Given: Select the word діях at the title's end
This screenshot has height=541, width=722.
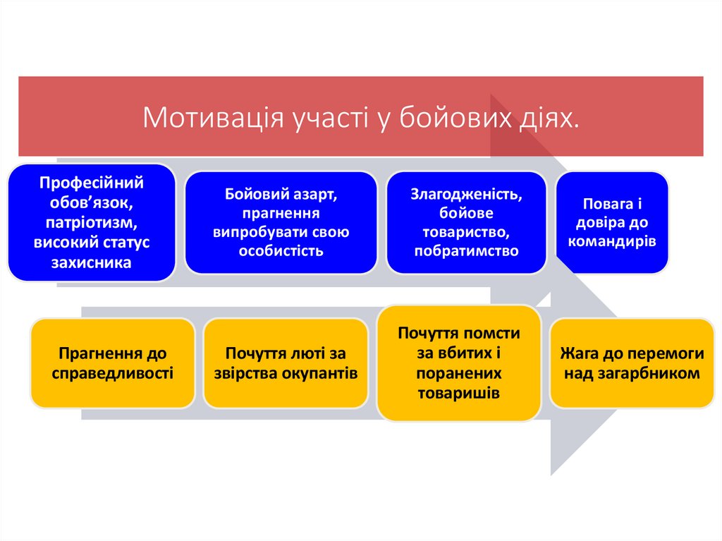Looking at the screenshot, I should (x=552, y=117).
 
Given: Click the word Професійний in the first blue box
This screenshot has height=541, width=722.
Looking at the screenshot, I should (x=91, y=183).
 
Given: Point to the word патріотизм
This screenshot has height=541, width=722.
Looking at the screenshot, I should (x=91, y=223).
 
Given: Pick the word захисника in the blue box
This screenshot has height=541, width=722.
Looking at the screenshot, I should (x=91, y=263).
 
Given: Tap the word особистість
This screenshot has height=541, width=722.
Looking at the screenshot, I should (x=281, y=250).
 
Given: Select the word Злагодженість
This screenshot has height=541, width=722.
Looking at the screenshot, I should (x=466, y=193).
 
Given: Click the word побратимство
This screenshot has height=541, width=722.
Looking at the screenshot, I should (x=466, y=250).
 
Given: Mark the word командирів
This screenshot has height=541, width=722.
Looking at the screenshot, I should (x=612, y=241).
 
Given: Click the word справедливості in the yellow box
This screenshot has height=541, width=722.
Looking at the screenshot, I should (x=113, y=372).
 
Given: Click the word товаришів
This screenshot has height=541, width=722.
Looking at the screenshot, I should (x=458, y=394).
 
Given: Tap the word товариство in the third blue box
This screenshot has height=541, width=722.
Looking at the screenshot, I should (x=466, y=231).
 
